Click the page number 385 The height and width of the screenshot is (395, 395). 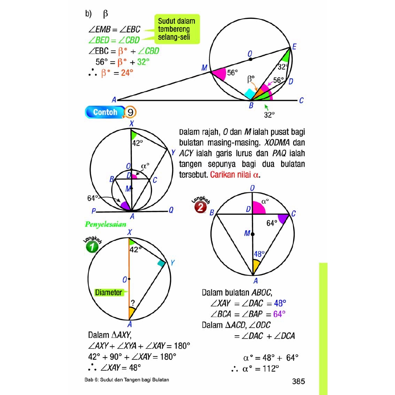click(298, 381)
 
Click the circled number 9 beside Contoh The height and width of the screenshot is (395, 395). click(131, 112)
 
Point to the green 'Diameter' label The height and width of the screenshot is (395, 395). click(108, 292)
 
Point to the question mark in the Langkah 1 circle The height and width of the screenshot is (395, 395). click(132, 303)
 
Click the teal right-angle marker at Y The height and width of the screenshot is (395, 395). click(161, 263)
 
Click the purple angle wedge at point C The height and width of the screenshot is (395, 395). click(283, 219)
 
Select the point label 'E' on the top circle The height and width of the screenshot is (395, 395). click(294, 47)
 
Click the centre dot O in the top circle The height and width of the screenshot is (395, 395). click(250, 59)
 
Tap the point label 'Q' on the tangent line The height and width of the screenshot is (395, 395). click(171, 210)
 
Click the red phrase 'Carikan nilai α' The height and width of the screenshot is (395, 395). click(234, 174)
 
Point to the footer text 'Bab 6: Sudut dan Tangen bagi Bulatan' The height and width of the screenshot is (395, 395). click(127, 380)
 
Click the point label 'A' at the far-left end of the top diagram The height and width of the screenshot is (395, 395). click(114, 100)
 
